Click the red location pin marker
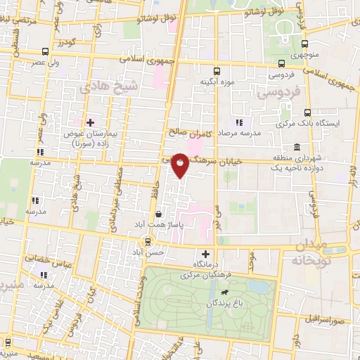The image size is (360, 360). [x=181, y=165]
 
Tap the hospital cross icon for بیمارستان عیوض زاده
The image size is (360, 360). [x=91, y=122]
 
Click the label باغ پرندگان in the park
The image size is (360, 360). [x=229, y=303]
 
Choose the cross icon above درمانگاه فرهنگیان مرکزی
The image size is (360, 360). [x=205, y=254]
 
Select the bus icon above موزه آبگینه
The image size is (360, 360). [x=217, y=70]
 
